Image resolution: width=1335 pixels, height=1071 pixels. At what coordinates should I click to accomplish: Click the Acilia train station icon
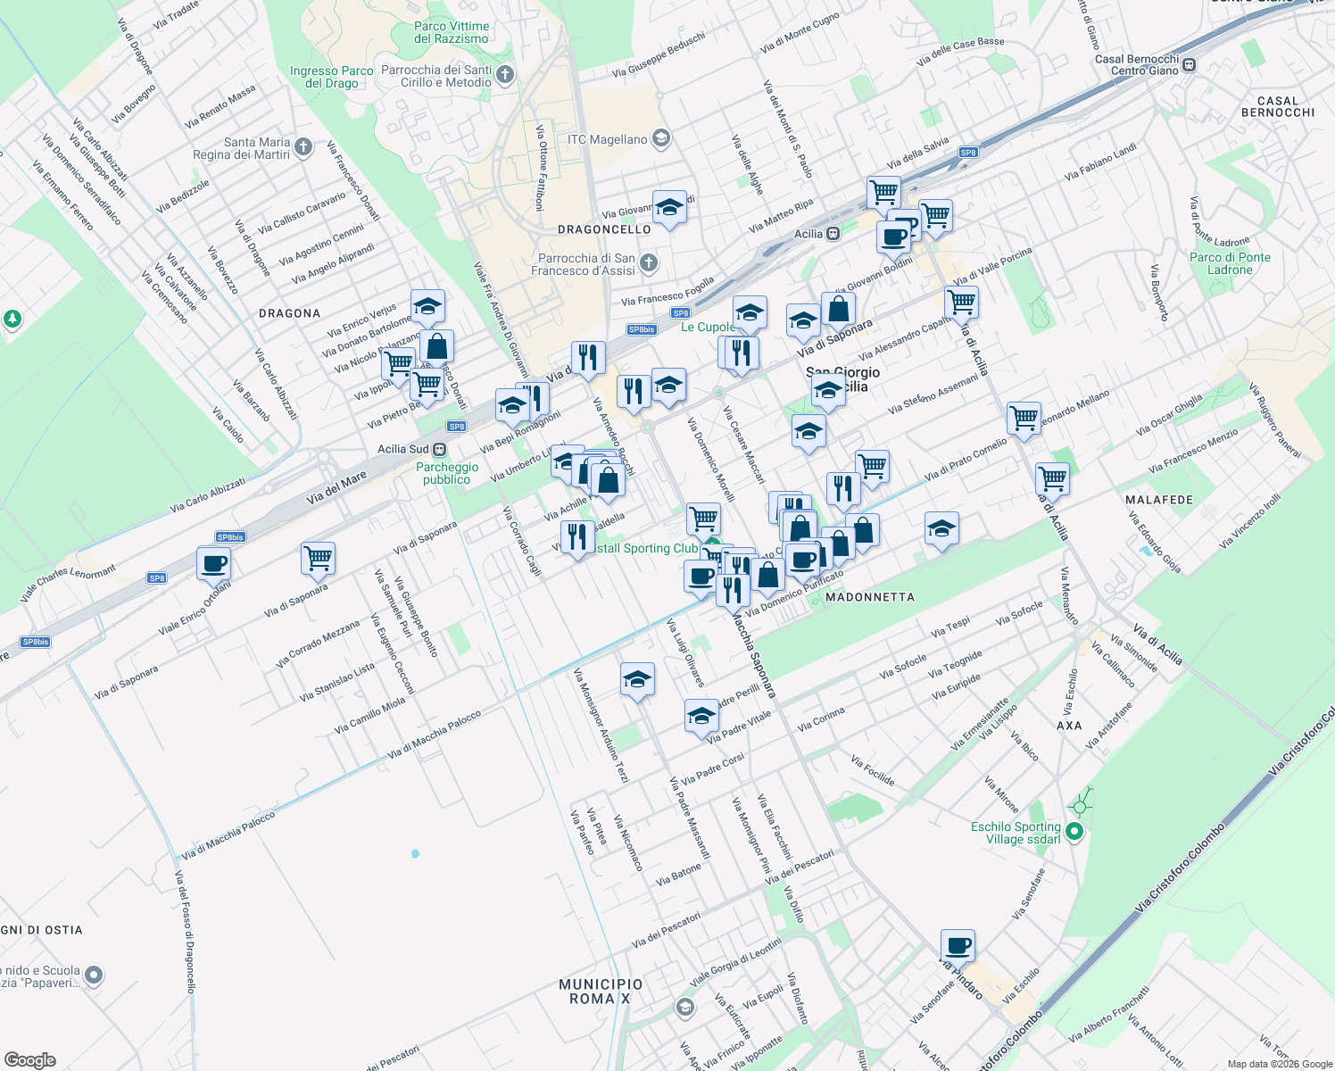tap(833, 234)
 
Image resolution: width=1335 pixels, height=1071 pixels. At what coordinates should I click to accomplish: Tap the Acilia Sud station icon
tap(439, 449)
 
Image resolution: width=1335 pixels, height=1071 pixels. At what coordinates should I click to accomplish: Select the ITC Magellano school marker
tap(660, 139)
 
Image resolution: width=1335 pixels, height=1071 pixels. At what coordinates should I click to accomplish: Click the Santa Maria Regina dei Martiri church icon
tap(303, 147)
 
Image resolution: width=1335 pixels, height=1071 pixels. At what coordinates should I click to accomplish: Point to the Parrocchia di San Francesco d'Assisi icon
tap(649, 263)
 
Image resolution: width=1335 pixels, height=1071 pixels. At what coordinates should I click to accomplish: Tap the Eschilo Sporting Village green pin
tap(1074, 832)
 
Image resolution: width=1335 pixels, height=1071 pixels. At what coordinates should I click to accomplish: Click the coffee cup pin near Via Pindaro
tap(958, 945)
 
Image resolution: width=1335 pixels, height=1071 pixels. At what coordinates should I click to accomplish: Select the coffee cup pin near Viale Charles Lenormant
tap(214, 564)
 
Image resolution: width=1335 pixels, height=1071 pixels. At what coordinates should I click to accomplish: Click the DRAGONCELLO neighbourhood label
tap(604, 229)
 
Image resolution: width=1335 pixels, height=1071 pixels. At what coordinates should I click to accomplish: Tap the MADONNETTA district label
tap(870, 597)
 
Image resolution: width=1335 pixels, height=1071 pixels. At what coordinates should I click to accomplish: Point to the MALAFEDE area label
tap(1159, 500)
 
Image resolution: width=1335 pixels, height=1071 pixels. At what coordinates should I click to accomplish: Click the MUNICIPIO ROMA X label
tap(601, 991)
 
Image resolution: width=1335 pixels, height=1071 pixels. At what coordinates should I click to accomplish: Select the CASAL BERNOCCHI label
tap(1278, 106)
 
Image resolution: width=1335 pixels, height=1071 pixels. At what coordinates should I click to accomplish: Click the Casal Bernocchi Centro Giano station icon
tap(1188, 64)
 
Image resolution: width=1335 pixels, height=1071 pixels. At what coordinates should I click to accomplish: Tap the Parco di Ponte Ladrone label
tap(1230, 263)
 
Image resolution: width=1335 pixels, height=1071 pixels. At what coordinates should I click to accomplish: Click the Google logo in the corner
tap(29, 1060)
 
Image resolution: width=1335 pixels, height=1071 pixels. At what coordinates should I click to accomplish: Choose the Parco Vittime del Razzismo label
tap(452, 32)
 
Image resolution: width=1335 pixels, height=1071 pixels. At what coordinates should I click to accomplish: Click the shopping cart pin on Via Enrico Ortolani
tap(318, 559)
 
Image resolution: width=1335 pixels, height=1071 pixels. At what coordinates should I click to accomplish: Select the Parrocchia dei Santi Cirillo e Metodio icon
tap(505, 74)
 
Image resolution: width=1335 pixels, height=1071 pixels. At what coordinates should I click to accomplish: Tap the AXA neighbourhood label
tap(1069, 726)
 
